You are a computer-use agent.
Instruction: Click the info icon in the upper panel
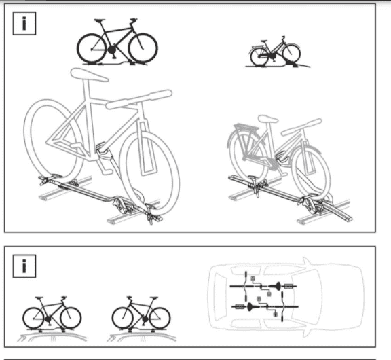(x=24, y=23)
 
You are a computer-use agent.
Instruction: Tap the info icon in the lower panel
(x=24, y=266)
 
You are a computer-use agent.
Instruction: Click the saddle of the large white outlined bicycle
(x=89, y=75)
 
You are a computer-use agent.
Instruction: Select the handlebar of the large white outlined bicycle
(x=139, y=99)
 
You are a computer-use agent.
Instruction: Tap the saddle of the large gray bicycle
(x=268, y=118)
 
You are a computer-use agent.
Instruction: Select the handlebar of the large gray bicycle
(x=301, y=127)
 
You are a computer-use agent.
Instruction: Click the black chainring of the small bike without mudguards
(x=112, y=50)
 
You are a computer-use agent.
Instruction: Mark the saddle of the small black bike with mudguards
(x=264, y=41)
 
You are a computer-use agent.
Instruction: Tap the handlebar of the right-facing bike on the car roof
(x=64, y=298)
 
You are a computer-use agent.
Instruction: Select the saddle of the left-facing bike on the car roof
(x=154, y=298)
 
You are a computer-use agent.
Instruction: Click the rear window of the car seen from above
(x=220, y=296)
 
